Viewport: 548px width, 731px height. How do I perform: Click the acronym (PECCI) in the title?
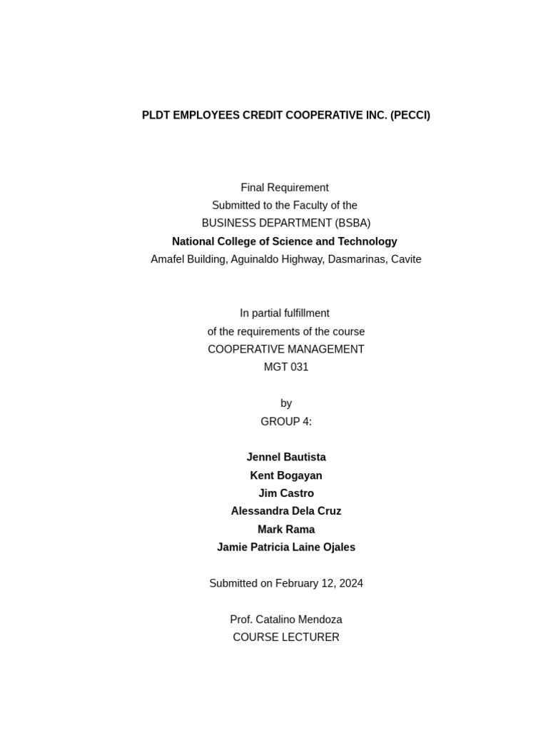click(x=410, y=116)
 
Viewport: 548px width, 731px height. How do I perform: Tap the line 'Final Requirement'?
click(x=285, y=188)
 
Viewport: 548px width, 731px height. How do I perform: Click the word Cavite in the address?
click(x=405, y=260)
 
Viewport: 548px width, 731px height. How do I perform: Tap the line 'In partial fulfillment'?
click(x=285, y=313)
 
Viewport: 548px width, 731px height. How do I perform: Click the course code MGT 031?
click(x=286, y=368)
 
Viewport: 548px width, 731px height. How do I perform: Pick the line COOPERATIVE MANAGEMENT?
click(x=286, y=350)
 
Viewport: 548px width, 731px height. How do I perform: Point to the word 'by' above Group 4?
click(x=286, y=403)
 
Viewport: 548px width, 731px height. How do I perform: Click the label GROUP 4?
click(x=286, y=422)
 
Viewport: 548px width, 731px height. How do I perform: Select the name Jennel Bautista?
click(x=286, y=458)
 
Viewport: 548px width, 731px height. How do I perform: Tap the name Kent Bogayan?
click(x=286, y=475)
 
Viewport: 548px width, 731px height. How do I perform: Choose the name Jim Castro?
click(x=286, y=493)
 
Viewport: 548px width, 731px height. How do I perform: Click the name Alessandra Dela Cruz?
click(x=286, y=511)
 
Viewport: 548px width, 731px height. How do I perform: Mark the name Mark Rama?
click(x=286, y=530)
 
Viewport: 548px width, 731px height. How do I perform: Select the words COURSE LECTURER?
click(x=286, y=637)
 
